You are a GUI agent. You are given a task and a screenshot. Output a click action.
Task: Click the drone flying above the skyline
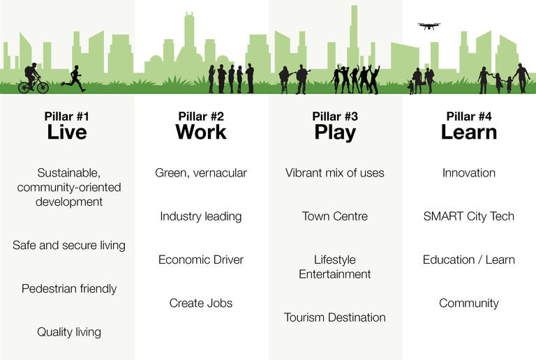[x=429, y=26]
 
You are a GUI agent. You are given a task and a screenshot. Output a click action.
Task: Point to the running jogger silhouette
[x=73, y=79]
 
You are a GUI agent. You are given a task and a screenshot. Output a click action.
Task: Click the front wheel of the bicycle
[x=43, y=87]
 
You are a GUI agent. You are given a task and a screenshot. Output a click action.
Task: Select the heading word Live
[x=67, y=132]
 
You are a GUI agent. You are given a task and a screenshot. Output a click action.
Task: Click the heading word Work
[x=201, y=132]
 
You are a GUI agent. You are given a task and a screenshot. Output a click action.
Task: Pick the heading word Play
[x=335, y=133]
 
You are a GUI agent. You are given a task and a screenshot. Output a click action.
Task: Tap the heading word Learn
[x=469, y=132]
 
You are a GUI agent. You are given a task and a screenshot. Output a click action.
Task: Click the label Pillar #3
[x=335, y=117]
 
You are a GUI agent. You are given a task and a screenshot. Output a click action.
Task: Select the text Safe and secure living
[x=69, y=246]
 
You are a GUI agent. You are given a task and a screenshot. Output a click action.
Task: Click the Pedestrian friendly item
[x=69, y=289]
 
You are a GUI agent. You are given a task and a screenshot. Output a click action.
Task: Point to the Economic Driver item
[x=201, y=260]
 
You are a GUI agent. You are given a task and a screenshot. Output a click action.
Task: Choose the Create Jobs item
[x=201, y=303]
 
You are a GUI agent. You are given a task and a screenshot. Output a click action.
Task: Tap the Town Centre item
[x=335, y=216]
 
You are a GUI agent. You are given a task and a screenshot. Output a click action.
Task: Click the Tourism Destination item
[x=335, y=317]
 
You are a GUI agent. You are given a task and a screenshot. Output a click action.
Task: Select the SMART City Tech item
[x=469, y=216]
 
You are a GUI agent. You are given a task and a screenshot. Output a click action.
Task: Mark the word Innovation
[x=469, y=173]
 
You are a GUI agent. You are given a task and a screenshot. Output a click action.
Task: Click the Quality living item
[x=69, y=332]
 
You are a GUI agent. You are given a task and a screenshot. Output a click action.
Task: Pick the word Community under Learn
[x=469, y=303]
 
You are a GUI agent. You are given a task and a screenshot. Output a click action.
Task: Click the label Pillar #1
[x=67, y=117]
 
